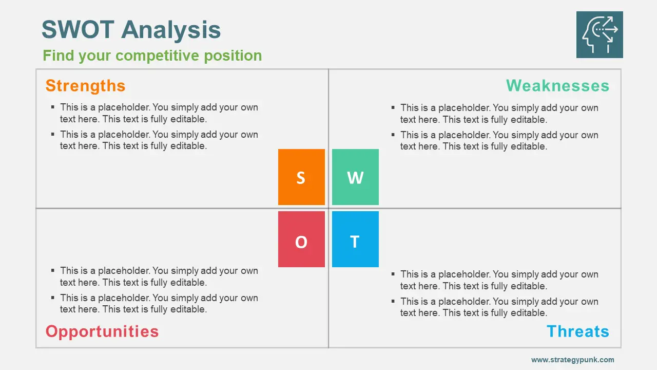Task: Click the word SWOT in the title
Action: (78, 29)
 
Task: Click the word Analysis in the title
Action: (171, 30)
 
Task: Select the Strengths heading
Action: (85, 86)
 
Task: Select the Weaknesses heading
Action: (557, 86)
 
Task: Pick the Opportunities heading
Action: (102, 331)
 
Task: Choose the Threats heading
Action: (578, 331)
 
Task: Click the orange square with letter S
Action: (301, 177)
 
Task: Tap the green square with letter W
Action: (355, 177)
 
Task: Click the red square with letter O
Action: (301, 239)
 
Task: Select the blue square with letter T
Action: (355, 239)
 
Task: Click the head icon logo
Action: (600, 34)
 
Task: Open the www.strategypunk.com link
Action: (572, 360)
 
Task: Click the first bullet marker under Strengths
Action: (53, 107)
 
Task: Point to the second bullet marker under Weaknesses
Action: (393, 135)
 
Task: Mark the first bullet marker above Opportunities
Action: (53, 270)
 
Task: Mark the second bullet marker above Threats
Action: (393, 301)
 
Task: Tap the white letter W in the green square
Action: (355, 178)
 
